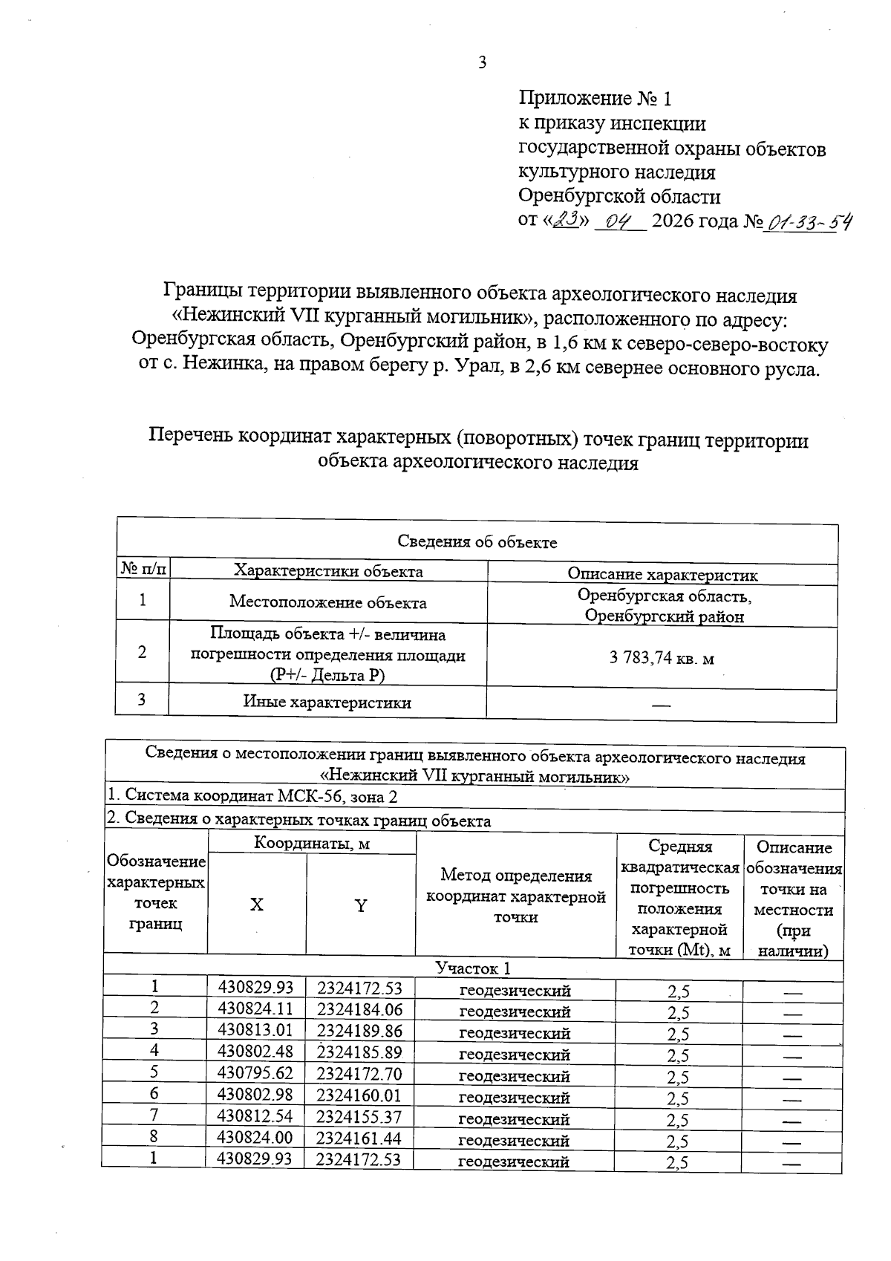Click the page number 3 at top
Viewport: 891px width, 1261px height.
[x=483, y=63]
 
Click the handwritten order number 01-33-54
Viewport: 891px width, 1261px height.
[x=809, y=221]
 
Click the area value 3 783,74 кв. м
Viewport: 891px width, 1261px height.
[x=662, y=658]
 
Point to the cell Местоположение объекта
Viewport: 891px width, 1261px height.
[x=327, y=602]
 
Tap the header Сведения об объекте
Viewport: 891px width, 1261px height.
[x=477, y=542]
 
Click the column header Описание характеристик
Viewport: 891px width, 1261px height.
[x=662, y=574]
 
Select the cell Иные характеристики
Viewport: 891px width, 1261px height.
[x=327, y=703]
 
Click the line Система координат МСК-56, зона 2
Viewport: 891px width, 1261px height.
[x=252, y=795]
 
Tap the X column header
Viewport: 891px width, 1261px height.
[x=256, y=905]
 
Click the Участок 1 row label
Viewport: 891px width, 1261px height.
[x=473, y=968]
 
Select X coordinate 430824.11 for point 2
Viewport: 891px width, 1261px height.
[x=255, y=1009]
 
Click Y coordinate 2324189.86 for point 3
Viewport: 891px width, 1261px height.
[x=359, y=1030]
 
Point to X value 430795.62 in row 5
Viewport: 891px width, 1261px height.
[x=255, y=1073]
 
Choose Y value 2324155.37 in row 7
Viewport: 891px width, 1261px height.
[x=359, y=1116]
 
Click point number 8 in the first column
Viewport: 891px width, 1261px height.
[x=154, y=1136]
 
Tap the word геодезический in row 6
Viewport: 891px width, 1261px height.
[x=515, y=1098]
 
